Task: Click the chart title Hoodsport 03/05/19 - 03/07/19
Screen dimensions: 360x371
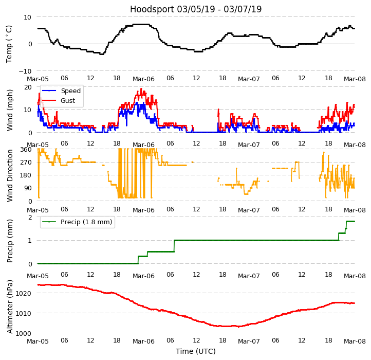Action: [x=196, y=9]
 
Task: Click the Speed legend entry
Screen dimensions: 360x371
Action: [x=70, y=91]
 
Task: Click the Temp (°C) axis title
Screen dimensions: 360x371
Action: [x=9, y=44]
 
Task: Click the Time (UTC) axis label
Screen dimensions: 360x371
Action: [x=196, y=351]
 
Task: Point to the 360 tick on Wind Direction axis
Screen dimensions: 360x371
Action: [x=26, y=150]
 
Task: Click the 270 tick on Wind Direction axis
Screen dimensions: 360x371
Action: [x=26, y=163]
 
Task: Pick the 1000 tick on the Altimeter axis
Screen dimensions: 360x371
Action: [x=24, y=333]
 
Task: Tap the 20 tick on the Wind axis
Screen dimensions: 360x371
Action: [x=28, y=87]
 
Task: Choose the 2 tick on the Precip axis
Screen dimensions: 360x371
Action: [x=30, y=218]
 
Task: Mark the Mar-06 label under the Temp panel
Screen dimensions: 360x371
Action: [x=143, y=79]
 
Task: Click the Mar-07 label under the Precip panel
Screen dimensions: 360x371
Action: [x=249, y=276]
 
